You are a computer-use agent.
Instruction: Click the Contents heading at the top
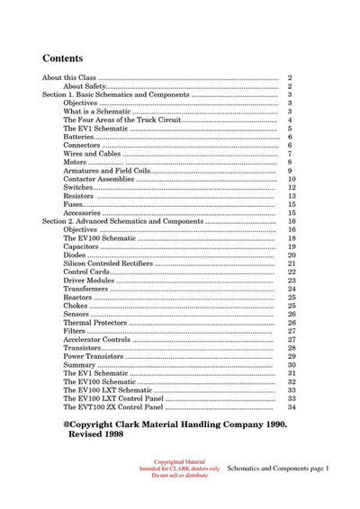tap(67, 55)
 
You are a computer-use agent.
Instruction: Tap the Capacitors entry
tap(85, 246)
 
